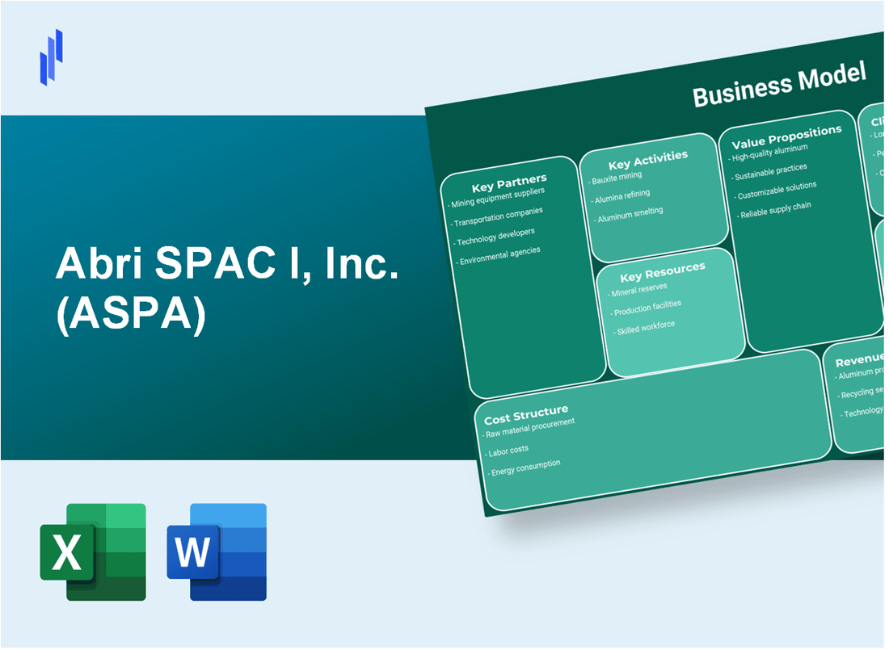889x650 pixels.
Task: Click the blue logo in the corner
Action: point(51,57)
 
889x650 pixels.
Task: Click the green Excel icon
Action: point(93,551)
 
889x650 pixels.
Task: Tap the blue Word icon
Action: point(217,551)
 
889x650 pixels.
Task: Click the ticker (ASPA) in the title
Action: point(131,314)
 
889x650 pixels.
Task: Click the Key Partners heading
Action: point(509,181)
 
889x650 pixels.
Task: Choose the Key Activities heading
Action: point(647,157)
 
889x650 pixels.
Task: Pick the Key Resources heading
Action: point(662,270)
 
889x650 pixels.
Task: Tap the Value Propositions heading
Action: point(786,136)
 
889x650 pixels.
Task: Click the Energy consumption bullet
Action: point(525,467)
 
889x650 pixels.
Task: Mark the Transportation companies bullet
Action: point(499,217)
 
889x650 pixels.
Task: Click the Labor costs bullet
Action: point(508,450)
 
